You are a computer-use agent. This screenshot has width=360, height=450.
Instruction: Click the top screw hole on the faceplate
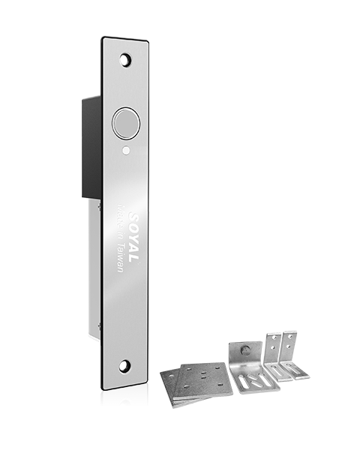tap(125, 58)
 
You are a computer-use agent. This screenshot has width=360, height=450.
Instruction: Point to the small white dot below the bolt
tap(125, 150)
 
